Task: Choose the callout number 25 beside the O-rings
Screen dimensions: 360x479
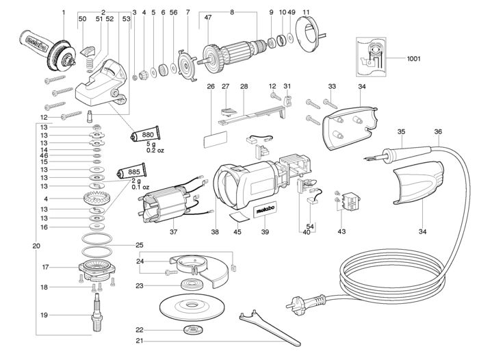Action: (x=139, y=244)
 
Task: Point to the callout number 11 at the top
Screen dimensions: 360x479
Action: (x=306, y=12)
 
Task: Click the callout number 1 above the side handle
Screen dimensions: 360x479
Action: (x=62, y=12)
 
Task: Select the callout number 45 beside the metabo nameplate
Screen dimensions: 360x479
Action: (x=237, y=232)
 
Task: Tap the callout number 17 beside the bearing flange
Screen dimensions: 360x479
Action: (x=44, y=266)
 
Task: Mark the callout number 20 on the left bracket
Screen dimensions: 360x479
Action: (x=36, y=245)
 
